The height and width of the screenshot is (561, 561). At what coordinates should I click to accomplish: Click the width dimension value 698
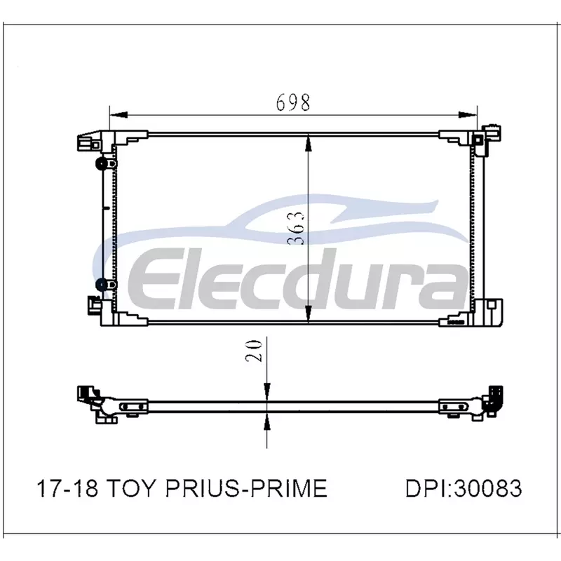coord(293,102)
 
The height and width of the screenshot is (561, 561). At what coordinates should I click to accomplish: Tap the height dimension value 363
coord(296,229)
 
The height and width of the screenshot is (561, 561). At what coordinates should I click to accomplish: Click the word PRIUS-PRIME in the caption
coord(247,488)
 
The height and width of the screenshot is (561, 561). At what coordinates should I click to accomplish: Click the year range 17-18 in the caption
coord(67,488)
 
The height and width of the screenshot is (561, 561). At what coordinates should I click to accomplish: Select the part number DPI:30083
coord(464,488)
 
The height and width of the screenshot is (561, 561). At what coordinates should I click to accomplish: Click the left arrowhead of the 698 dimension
coord(119,115)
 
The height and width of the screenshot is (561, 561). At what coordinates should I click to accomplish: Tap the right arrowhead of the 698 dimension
coord(468,115)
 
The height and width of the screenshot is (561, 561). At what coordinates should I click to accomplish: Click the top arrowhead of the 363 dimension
coord(309,143)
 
